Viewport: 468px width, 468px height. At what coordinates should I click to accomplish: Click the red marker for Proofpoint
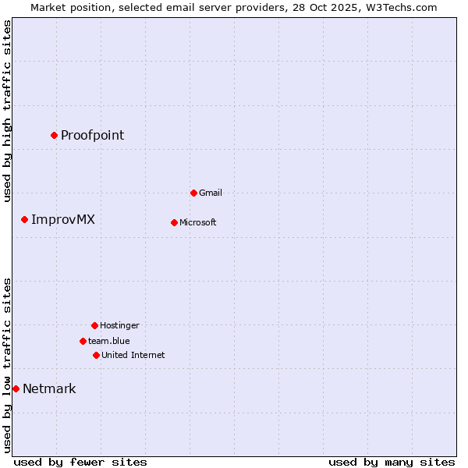click(54, 135)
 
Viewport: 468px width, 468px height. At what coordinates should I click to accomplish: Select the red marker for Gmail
click(193, 193)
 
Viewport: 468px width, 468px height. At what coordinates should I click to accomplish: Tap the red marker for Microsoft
click(174, 222)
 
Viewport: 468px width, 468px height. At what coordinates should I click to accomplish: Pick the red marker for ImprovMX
click(24, 219)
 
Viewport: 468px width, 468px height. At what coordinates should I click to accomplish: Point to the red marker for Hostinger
click(94, 325)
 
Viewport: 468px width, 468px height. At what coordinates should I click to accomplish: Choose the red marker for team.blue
click(83, 341)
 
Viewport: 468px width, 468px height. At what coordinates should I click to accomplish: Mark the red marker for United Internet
click(96, 355)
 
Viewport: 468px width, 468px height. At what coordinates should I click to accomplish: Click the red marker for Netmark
click(16, 388)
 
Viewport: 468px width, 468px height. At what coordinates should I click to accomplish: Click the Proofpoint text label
click(92, 135)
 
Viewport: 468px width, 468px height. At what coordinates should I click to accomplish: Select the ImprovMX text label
click(62, 219)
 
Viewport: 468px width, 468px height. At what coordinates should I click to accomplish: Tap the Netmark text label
click(49, 388)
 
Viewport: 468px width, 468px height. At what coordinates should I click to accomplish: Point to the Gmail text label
click(211, 193)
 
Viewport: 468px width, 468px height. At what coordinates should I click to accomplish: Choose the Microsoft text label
click(197, 222)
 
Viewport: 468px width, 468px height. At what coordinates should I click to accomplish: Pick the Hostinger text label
click(119, 325)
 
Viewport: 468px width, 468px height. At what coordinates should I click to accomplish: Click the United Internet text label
click(133, 355)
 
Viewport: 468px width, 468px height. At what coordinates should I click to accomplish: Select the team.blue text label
click(108, 341)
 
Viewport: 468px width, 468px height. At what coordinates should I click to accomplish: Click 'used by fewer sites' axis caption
click(80, 462)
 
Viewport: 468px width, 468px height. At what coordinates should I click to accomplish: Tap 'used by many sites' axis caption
click(392, 462)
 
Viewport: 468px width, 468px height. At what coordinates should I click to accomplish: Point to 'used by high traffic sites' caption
click(8, 111)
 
